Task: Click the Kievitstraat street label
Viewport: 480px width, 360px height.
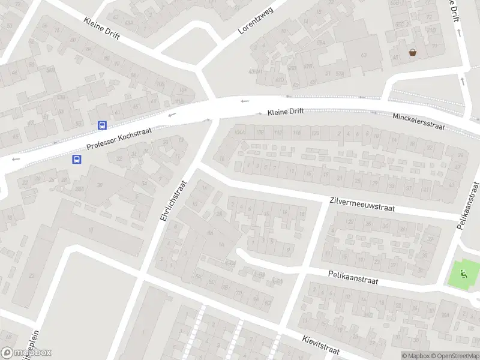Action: (321, 344)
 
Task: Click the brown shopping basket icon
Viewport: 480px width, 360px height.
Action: (413, 52)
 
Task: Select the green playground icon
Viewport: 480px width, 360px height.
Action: (463, 275)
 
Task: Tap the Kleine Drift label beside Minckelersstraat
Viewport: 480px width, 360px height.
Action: (286, 112)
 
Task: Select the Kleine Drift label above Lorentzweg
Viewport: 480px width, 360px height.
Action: (102, 28)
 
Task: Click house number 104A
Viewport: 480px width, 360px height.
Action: (241, 133)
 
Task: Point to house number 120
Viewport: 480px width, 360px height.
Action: (316, 133)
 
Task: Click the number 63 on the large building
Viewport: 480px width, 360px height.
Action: (363, 55)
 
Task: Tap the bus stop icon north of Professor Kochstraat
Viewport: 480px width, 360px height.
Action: (103, 125)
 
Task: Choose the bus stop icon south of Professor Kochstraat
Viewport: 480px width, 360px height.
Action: (77, 159)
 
